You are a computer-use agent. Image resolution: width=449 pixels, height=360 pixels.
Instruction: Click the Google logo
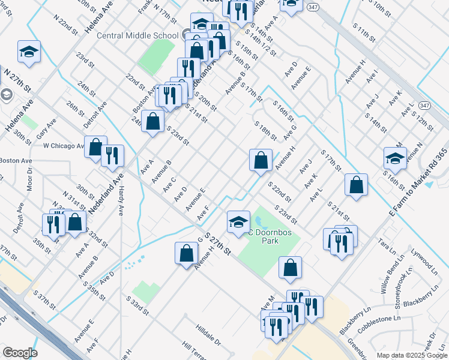coord(20,353)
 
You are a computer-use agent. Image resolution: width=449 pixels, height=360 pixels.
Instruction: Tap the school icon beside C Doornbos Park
coord(238,222)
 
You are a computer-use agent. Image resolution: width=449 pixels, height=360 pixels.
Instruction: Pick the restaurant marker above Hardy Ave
coord(112,156)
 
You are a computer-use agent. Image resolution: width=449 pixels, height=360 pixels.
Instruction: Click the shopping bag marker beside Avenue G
coord(186,253)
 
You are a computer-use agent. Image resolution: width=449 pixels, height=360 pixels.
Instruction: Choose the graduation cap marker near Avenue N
coord(395,158)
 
